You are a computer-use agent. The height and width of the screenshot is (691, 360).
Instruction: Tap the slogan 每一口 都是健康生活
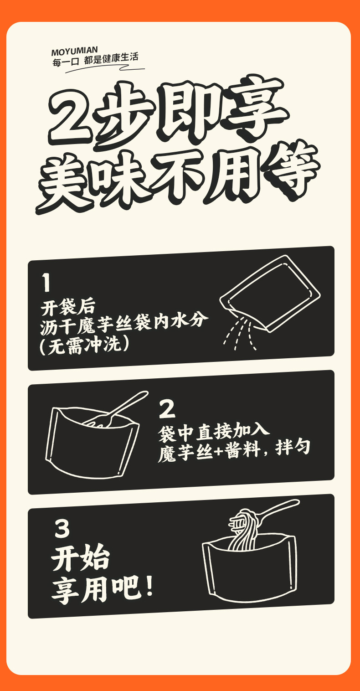[x=95, y=60]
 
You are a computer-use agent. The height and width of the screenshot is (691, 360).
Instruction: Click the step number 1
[x=46, y=282]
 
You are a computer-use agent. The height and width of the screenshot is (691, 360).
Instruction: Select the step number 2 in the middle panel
[x=167, y=409]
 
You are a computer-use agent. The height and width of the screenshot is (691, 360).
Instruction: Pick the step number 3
[x=62, y=528]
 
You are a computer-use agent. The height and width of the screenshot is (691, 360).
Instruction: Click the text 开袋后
[x=68, y=307]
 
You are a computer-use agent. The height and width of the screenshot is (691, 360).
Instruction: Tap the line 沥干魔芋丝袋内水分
[x=124, y=325]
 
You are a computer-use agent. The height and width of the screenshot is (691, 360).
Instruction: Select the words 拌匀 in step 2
[x=293, y=448]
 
